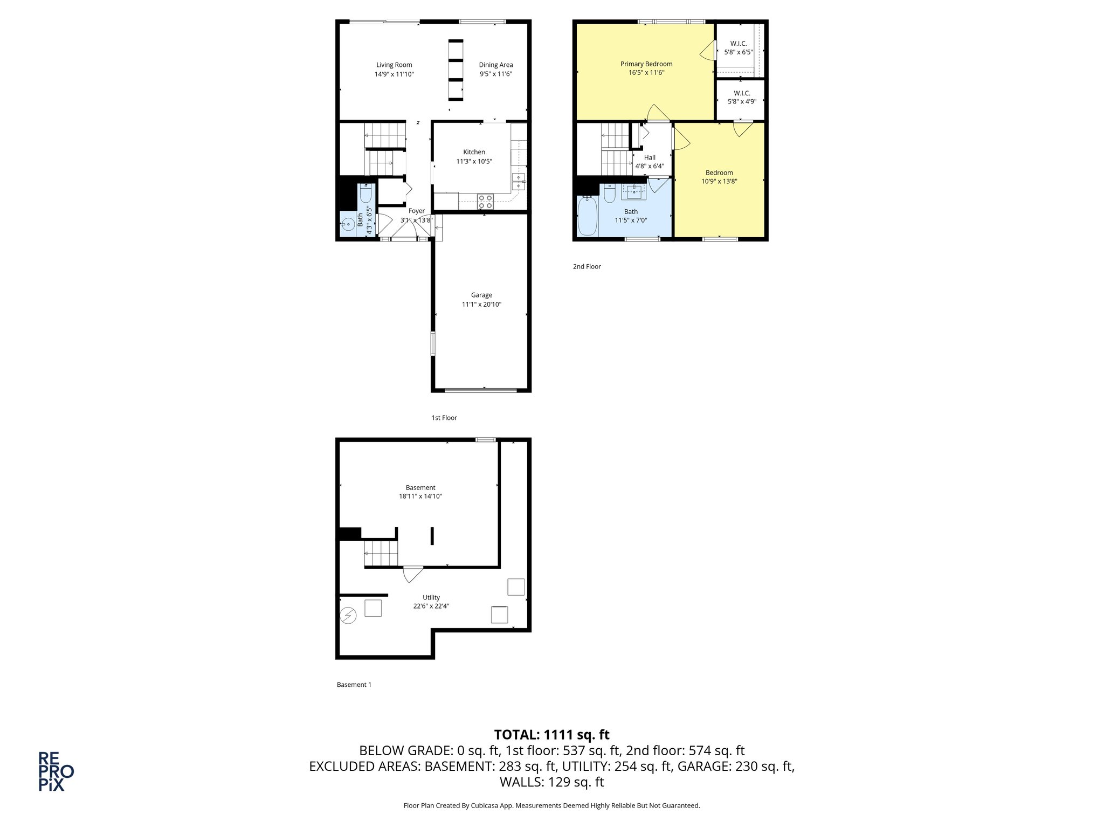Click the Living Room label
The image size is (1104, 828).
point(394,65)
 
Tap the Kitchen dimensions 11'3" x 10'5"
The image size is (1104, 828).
point(474,161)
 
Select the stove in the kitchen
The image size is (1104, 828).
point(485,202)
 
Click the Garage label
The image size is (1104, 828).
point(481,295)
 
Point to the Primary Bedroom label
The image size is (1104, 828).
point(646,64)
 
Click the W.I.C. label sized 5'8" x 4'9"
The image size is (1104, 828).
point(742,93)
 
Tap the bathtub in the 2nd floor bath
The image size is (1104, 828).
point(588,217)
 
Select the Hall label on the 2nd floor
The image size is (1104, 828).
point(650,157)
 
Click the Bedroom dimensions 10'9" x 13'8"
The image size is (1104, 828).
point(719,182)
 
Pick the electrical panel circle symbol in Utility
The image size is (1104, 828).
point(349,615)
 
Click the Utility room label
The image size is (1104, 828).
point(431,597)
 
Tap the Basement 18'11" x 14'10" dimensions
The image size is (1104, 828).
point(420,496)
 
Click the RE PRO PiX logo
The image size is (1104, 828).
point(56,771)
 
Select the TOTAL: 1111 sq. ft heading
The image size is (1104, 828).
point(551,735)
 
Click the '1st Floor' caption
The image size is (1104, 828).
point(444,418)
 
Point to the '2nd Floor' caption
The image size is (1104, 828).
point(586,266)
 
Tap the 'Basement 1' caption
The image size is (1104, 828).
point(354,685)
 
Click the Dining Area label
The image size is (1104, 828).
point(496,65)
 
